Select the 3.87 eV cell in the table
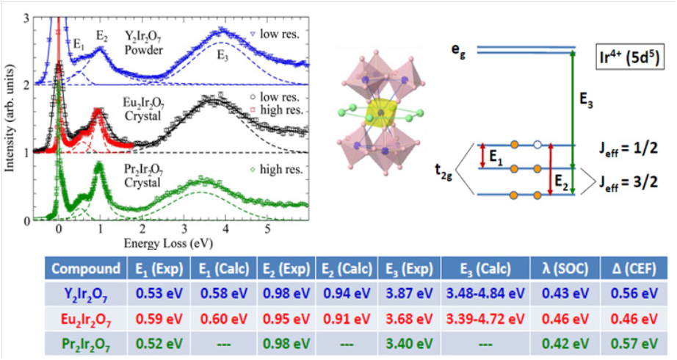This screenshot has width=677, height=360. pos(405,294)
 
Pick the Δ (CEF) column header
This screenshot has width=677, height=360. pos(631,267)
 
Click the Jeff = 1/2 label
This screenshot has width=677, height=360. pos(633,146)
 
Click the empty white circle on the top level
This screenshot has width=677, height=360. pos(538,145)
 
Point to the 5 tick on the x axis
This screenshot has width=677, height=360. pos(268,229)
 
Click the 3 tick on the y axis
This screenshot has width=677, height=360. pos(27,17)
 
